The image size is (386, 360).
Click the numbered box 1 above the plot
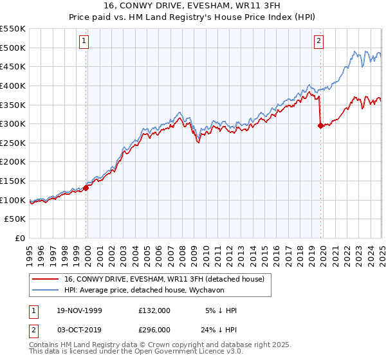(86, 42)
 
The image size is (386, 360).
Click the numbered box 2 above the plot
(318, 42)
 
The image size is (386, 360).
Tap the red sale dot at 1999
(86, 188)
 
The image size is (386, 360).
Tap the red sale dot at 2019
(320, 126)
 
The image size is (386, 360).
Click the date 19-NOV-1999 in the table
(80, 310)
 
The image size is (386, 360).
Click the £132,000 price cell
(154, 310)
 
